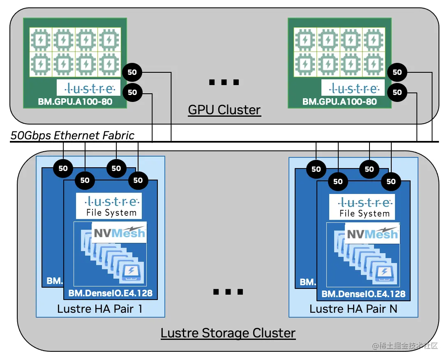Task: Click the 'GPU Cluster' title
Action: coord(224,110)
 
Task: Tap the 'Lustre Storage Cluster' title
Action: coord(228,333)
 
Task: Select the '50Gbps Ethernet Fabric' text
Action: coord(72,136)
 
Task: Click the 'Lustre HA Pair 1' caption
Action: coord(100,309)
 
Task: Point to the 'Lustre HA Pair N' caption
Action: coord(353,309)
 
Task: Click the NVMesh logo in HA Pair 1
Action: coord(119,233)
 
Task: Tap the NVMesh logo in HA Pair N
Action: coord(372,233)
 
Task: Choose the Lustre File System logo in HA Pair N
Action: coord(362,207)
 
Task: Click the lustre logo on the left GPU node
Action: coord(89,88)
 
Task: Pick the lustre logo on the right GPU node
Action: coord(353,88)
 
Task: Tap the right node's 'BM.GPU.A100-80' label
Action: coord(339,102)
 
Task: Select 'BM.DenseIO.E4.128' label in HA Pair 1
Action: coord(110,293)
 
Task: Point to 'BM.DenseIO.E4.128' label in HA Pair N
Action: coord(363,294)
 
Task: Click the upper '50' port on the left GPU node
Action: coord(132,73)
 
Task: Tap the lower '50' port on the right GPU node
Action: coord(397,92)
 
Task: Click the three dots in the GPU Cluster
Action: coord(224,83)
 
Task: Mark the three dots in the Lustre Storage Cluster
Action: coord(228,292)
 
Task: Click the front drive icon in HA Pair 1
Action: coord(132,273)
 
